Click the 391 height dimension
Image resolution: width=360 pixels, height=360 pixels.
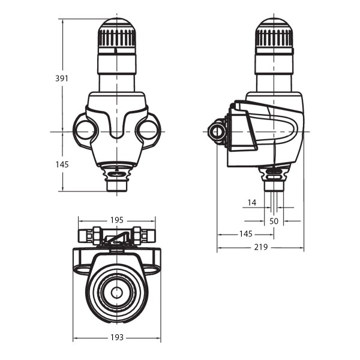(62, 78)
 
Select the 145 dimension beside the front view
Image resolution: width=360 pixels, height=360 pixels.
(62, 164)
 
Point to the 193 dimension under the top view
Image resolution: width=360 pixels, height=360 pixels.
(117, 338)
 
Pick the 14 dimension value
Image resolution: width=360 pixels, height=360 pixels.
(252, 203)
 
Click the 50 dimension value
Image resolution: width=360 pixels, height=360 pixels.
(274, 221)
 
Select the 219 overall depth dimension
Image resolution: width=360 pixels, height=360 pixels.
(260, 247)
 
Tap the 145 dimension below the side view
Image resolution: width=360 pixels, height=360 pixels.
(245, 233)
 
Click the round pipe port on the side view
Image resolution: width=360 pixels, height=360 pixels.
(217, 131)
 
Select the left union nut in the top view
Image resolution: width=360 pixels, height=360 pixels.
(95, 235)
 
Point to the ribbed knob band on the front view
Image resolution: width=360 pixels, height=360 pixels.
(117, 39)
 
